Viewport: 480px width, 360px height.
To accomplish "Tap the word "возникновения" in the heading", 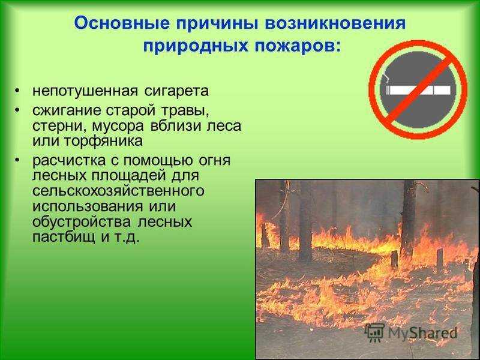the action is coord(336,23).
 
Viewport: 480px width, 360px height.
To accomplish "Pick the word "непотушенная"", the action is coord(85,91).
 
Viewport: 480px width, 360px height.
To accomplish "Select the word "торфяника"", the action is coord(103,142).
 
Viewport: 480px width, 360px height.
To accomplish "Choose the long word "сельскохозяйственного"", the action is coord(118,191).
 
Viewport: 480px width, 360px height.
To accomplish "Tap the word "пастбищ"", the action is coord(64,237).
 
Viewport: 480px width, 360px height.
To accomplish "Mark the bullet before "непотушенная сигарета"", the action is coord(17,91).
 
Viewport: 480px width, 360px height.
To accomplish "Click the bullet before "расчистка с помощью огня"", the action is coord(17,160).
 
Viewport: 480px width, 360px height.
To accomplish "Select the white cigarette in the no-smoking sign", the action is coord(418,90).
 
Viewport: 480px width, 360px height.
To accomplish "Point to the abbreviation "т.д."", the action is coord(128,237).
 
